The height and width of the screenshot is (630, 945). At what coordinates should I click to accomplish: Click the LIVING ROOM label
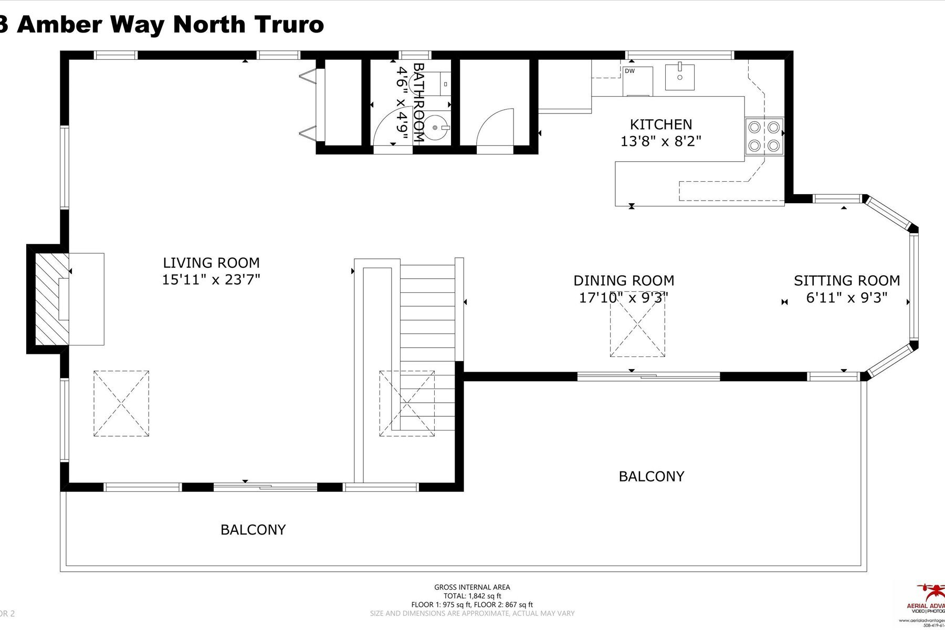click(211, 262)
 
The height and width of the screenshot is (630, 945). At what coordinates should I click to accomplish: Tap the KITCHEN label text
click(661, 124)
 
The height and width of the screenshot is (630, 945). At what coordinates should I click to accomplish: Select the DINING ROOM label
click(624, 281)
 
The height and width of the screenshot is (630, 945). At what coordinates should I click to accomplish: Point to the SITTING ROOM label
click(847, 281)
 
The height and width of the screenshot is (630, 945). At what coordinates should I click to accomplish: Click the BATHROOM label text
click(418, 103)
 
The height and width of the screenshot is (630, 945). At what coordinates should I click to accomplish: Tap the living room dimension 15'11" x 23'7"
click(211, 280)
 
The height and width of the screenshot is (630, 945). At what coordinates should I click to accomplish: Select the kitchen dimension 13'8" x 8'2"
click(661, 141)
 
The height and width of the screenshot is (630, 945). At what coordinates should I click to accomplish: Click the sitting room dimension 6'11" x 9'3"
click(847, 298)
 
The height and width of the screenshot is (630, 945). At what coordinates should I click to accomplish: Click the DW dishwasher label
click(629, 71)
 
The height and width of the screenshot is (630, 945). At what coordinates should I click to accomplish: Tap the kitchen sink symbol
click(680, 77)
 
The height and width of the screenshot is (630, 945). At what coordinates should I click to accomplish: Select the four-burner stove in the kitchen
click(764, 136)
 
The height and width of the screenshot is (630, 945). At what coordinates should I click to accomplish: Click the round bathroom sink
click(436, 128)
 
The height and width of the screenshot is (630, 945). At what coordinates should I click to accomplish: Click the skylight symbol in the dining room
click(637, 331)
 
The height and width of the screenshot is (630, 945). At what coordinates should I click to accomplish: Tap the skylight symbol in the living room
click(121, 403)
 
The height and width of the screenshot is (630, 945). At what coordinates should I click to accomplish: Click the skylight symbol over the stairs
click(407, 403)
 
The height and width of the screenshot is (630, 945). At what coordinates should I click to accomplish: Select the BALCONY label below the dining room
click(652, 476)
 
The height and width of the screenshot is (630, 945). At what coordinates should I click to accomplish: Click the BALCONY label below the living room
click(253, 530)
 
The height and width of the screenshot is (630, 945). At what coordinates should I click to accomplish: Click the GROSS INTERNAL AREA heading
click(472, 587)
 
